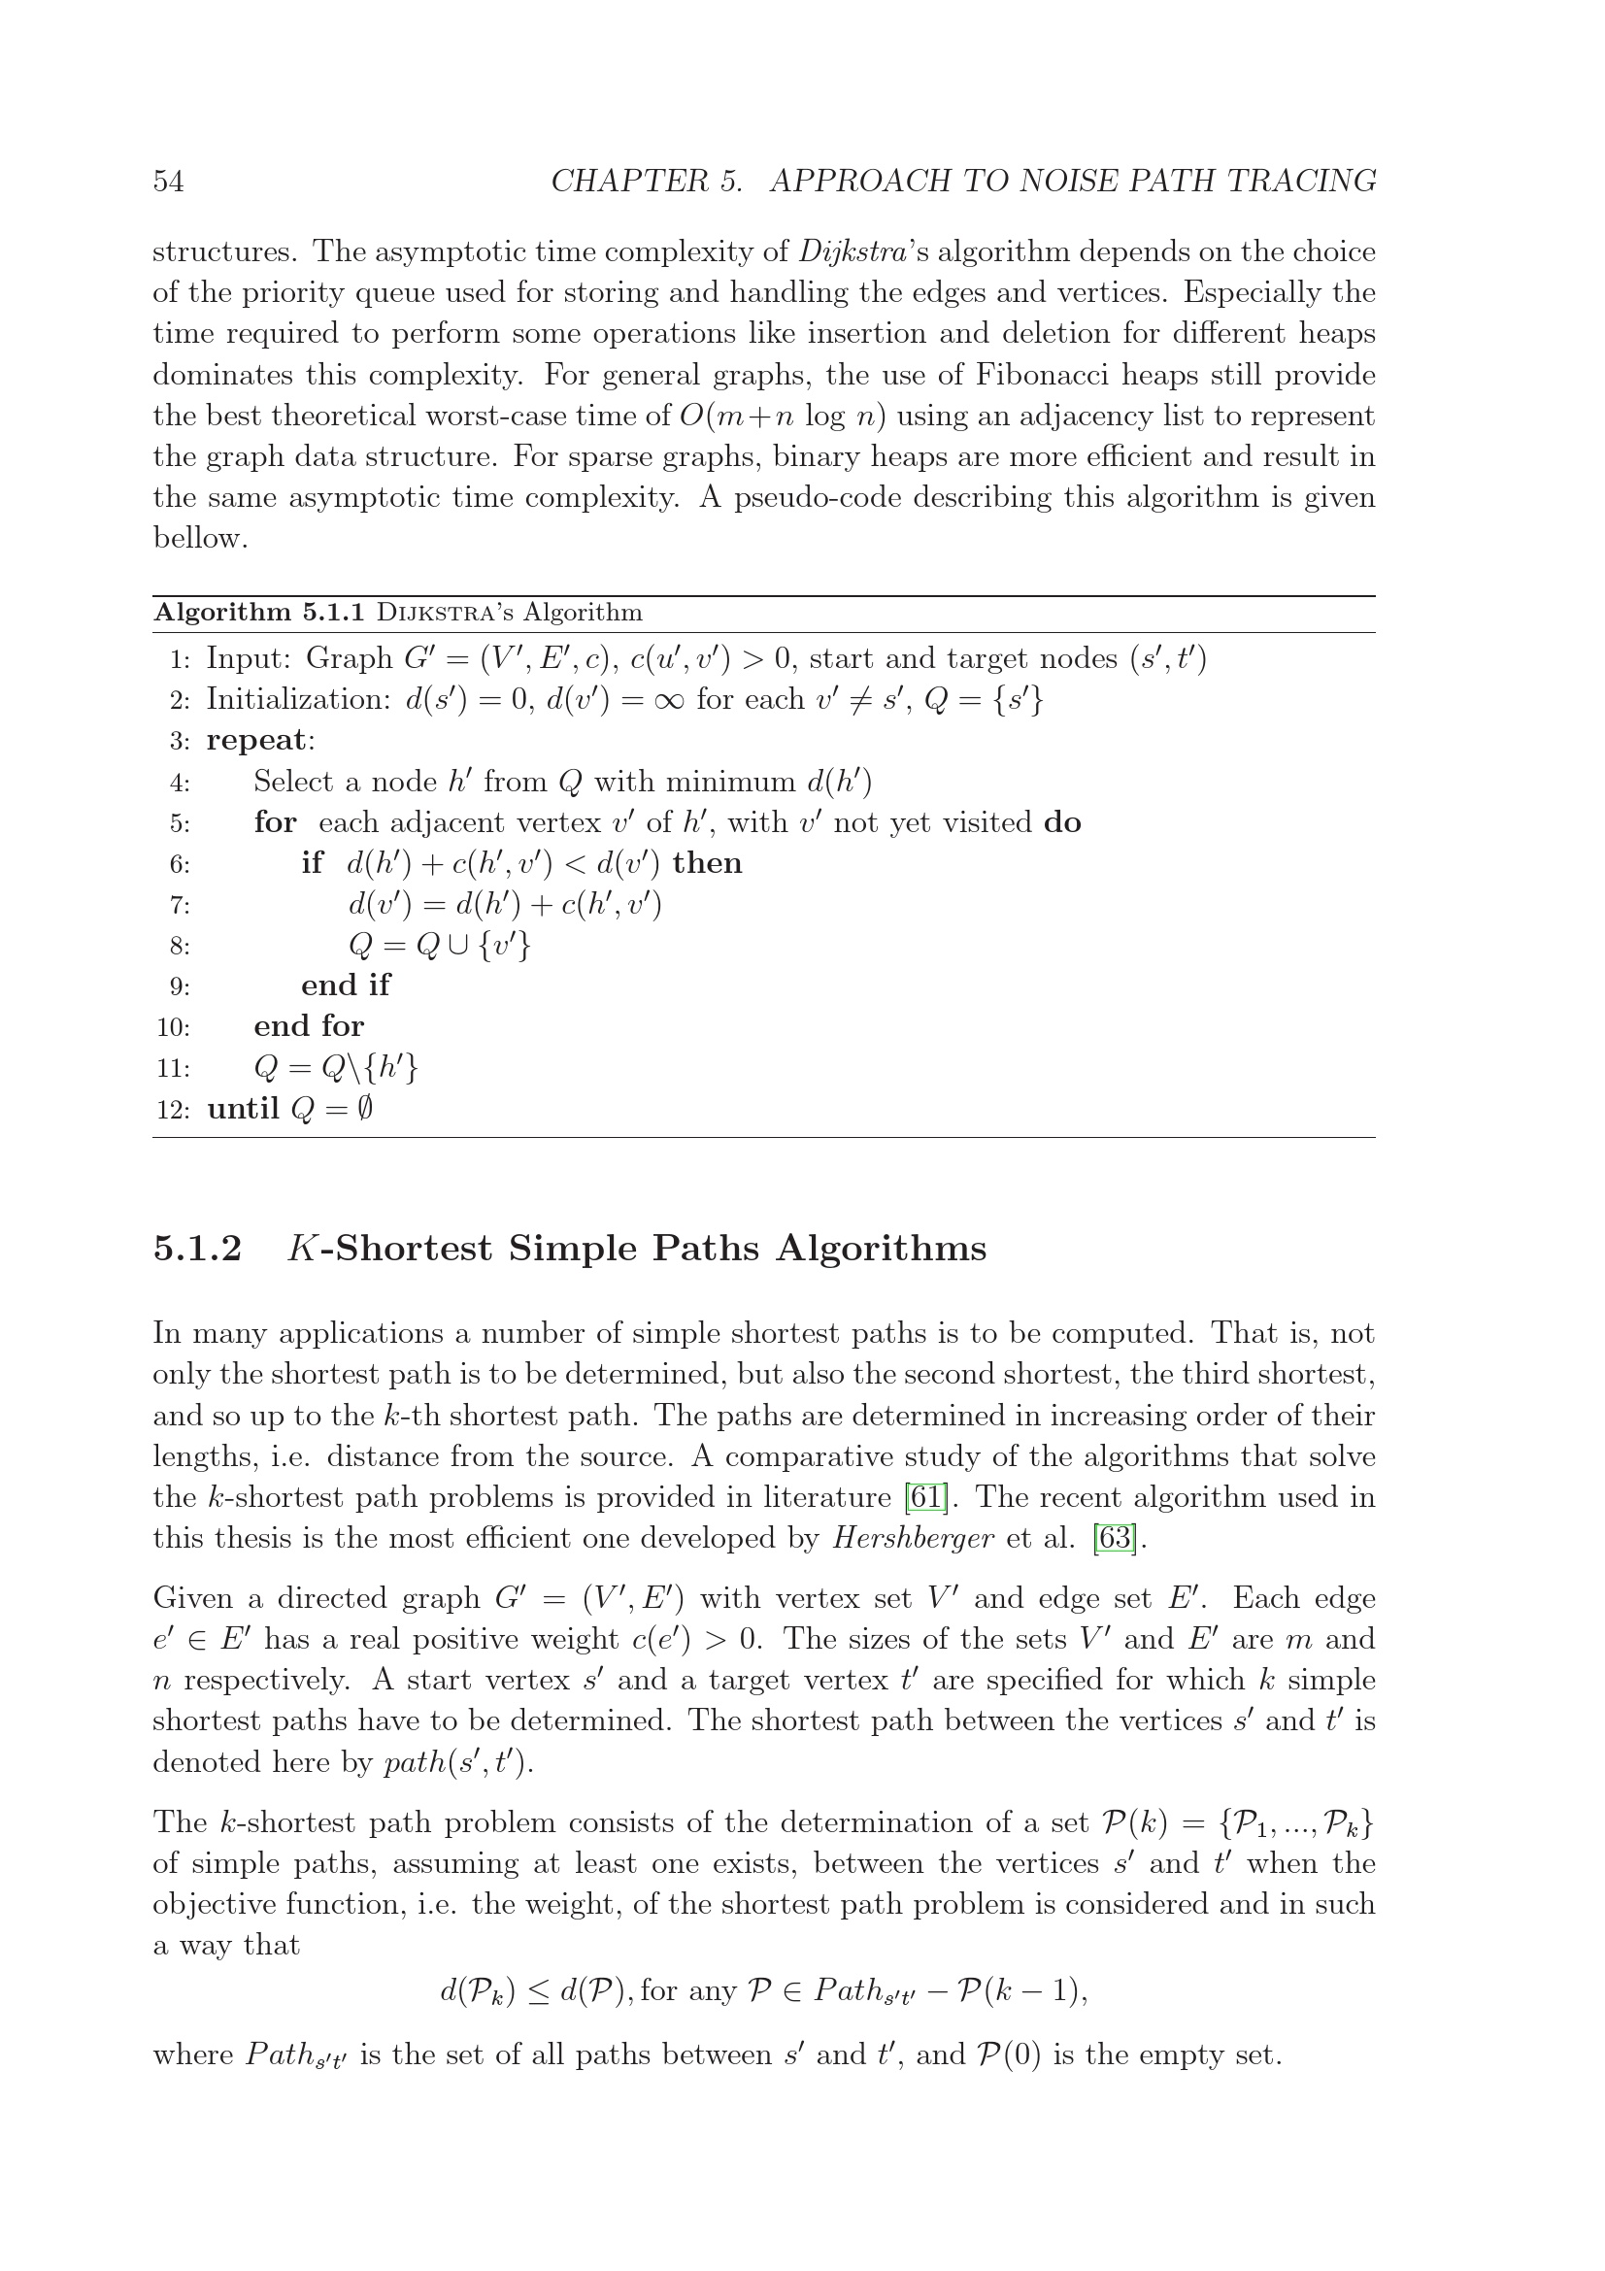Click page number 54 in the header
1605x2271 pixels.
(x=168, y=181)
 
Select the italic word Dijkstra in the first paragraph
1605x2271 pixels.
(x=853, y=252)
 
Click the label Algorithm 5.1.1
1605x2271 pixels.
(x=259, y=614)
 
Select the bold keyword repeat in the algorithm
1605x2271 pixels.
(x=257, y=741)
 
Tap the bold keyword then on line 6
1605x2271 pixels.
(x=707, y=863)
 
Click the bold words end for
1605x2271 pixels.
(x=309, y=1026)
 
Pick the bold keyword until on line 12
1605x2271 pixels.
(x=243, y=1109)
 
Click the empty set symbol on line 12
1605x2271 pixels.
(x=364, y=1109)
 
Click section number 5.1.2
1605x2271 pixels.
(x=198, y=1250)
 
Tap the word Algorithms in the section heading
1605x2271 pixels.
(x=881, y=1250)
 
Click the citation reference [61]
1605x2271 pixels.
(x=925, y=1497)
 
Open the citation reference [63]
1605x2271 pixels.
(x=1114, y=1539)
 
